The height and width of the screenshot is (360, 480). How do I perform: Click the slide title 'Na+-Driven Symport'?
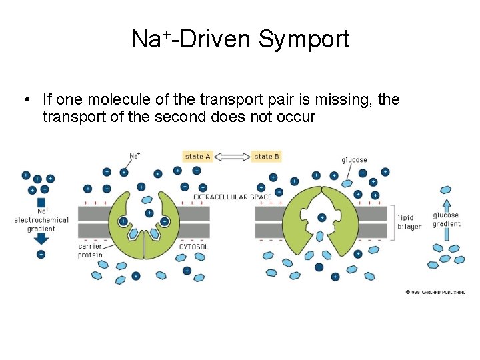pos(240,39)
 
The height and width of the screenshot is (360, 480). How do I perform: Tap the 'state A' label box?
pos(198,157)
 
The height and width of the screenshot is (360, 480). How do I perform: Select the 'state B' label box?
pos(267,157)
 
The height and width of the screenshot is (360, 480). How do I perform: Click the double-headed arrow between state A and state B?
pos(232,157)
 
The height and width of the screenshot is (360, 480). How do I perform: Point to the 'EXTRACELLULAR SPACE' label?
pos(232,197)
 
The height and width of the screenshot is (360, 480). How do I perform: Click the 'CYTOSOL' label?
pos(194,247)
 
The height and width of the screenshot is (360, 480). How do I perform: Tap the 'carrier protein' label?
pos(90,251)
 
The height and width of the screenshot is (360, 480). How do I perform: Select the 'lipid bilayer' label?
pos(409,222)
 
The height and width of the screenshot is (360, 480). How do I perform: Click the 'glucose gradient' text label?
pos(446,219)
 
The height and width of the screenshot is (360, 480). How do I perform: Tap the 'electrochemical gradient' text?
pos(41,224)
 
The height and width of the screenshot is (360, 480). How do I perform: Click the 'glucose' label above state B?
pos(354,160)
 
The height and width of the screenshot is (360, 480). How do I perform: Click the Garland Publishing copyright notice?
pos(435,292)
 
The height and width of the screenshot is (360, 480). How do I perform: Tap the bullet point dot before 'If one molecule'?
pos(24,100)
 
